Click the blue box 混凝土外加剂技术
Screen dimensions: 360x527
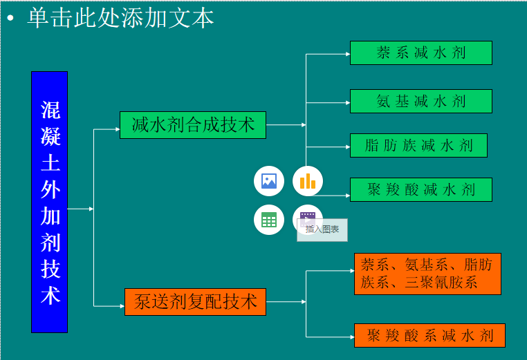tap(49, 202)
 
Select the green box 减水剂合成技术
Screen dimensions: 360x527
tap(192, 125)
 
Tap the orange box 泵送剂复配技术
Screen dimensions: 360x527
tap(195, 302)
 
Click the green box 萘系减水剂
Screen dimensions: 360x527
tap(420, 53)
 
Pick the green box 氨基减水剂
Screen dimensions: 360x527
tap(420, 102)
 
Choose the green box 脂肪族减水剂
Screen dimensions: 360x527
tap(418, 146)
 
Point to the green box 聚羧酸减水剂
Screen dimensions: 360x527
tap(420, 190)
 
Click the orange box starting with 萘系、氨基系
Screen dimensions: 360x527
tap(427, 274)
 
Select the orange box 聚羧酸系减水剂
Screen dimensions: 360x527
tap(429, 336)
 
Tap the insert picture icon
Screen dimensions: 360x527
tap(269, 181)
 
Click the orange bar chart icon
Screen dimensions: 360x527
tap(308, 181)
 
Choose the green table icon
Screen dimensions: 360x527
tap(269, 220)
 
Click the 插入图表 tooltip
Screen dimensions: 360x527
tap(322, 229)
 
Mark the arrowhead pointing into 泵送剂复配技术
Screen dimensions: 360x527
tap(121, 305)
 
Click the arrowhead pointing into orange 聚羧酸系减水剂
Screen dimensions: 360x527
tap(351, 337)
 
